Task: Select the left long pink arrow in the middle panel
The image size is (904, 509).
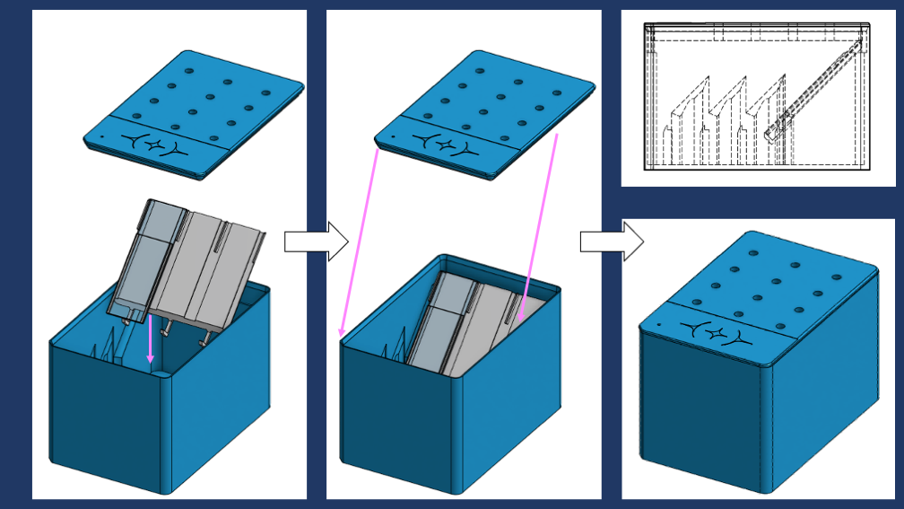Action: [359, 242]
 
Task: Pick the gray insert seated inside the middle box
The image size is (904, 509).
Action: [466, 323]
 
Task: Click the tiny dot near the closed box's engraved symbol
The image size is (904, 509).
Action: [659, 324]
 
